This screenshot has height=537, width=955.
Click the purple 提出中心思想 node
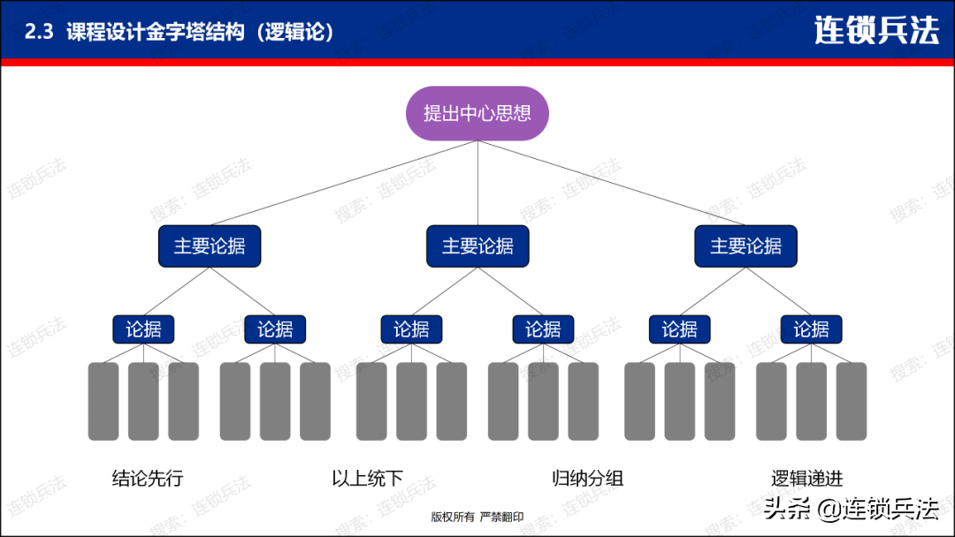tap(477, 113)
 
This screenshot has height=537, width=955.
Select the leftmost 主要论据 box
tap(210, 246)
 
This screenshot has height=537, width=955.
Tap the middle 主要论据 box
tap(477, 246)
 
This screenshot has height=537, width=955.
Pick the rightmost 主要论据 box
tap(745, 246)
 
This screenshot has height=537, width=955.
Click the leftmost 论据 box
tap(144, 329)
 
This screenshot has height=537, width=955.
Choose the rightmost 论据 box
tap(811, 329)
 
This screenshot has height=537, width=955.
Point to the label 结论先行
tap(148, 479)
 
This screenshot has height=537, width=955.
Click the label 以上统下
tap(367, 479)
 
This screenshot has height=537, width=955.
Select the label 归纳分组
tap(588, 479)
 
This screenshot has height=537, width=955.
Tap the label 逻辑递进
tap(807, 479)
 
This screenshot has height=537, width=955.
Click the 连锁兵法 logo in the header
tap(876, 30)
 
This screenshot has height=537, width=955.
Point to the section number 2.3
tap(39, 32)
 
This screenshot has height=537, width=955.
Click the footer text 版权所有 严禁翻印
tap(477, 517)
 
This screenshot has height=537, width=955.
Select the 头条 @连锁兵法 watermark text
tap(851, 509)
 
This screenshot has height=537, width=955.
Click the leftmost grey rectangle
tap(103, 401)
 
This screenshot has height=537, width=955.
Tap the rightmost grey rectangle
tap(852, 401)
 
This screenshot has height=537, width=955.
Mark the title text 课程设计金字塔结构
tap(156, 32)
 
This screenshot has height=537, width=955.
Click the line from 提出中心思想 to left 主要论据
tap(344, 183)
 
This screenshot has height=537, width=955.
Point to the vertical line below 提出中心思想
tap(477, 183)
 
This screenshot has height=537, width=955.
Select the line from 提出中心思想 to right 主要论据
tap(612, 183)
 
